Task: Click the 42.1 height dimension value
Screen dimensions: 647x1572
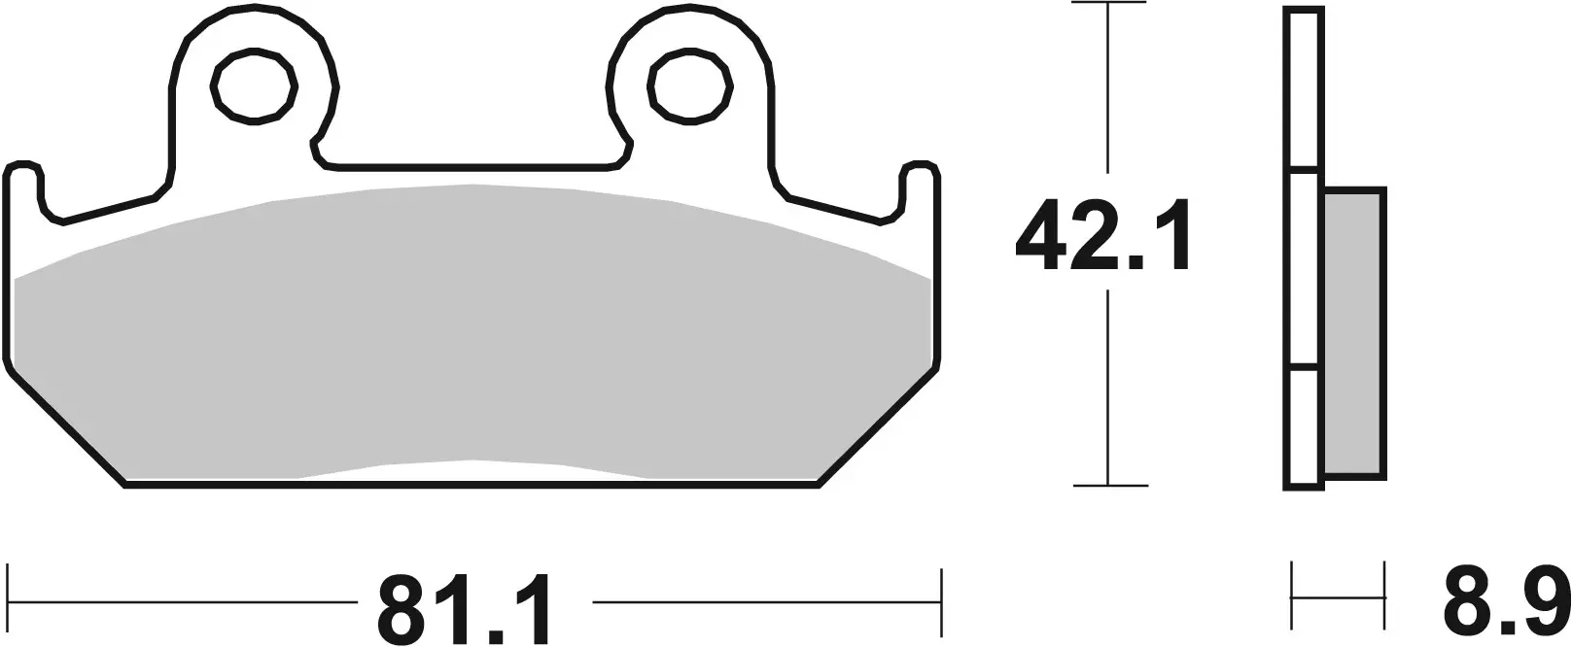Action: [x=1102, y=239]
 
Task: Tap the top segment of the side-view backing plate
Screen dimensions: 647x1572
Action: [x=1304, y=91]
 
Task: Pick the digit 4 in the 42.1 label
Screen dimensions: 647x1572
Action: [x=1042, y=239]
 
